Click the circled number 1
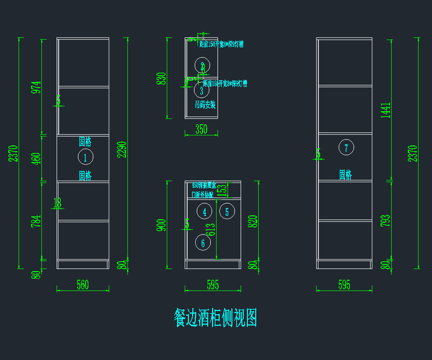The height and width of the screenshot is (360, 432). pos(86,157)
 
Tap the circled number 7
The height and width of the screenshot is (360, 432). pos(346,147)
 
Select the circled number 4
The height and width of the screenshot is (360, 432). pos(204,211)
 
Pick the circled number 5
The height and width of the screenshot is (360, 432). pos(227,211)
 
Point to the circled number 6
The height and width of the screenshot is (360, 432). pos(203,243)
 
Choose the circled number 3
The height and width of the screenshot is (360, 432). pos(202,90)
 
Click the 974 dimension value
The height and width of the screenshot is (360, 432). pos(36,87)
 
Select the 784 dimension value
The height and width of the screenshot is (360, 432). pos(36,221)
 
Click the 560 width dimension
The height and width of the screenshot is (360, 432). pos(82,285)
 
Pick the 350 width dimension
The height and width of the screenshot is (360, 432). pos(201,130)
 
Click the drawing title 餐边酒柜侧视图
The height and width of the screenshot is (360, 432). pos(215,317)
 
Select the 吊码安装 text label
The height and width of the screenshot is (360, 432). pos(205,105)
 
